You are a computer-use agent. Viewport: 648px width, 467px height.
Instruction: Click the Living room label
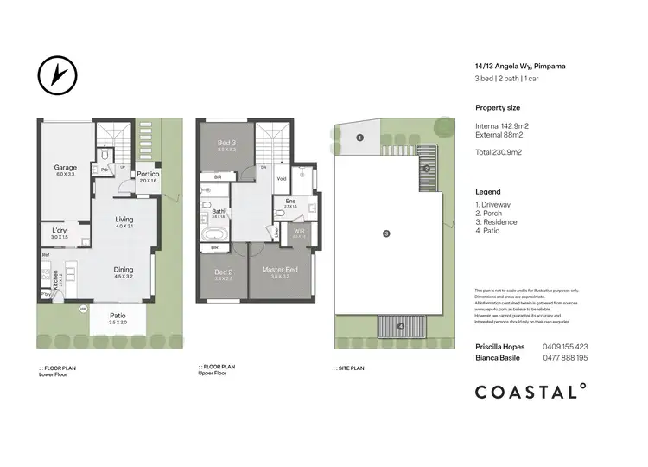(x=124, y=220)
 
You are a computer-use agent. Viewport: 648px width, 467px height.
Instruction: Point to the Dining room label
(x=124, y=270)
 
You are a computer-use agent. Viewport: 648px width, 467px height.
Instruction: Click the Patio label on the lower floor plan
(x=118, y=317)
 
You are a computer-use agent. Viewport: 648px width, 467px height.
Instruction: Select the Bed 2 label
(x=224, y=272)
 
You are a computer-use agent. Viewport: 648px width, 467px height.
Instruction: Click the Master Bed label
(x=279, y=271)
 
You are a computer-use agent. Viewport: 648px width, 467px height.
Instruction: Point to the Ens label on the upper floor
(x=290, y=201)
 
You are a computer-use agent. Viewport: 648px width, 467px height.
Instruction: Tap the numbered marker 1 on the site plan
(x=360, y=138)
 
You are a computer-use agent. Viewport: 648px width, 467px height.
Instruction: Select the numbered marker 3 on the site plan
(x=386, y=233)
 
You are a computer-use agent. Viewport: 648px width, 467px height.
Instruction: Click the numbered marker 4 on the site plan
(x=401, y=326)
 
